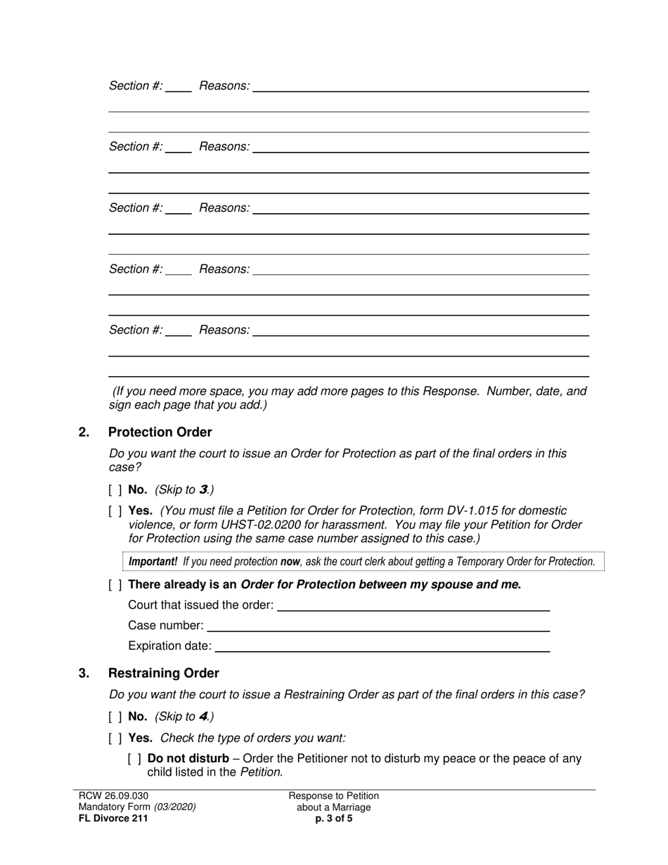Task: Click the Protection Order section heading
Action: tap(160, 432)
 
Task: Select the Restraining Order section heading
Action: tap(163, 673)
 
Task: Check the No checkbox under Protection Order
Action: tap(115, 490)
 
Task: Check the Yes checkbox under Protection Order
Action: tap(115, 511)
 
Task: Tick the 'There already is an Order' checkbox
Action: tap(115, 585)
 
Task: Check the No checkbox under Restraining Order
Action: tap(115, 717)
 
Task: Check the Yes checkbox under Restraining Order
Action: tap(115, 738)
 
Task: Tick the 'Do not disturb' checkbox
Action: tap(135, 760)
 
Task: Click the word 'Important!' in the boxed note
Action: tap(153, 562)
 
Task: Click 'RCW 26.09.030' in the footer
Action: tap(113, 796)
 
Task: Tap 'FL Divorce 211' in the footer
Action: tap(113, 819)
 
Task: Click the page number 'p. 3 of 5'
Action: tap(334, 819)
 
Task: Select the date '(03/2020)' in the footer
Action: tap(175, 807)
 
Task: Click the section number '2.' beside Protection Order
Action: tap(84, 432)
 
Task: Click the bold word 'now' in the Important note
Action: tap(290, 562)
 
